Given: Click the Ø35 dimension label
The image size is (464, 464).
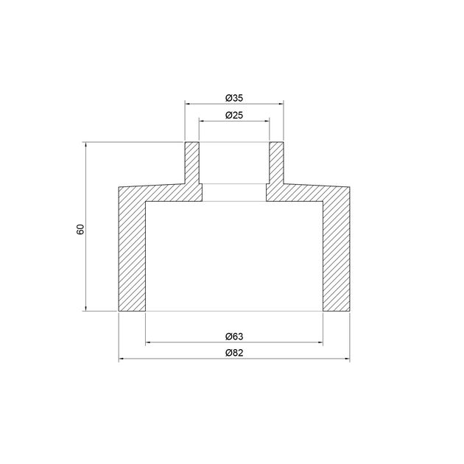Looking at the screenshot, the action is (x=234, y=98).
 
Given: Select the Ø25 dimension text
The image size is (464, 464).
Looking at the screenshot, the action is (x=234, y=115).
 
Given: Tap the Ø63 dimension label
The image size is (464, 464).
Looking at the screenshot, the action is (x=234, y=337).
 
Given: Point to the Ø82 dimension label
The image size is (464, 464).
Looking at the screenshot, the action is (x=234, y=353).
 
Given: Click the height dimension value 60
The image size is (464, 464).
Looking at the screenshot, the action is (x=80, y=229).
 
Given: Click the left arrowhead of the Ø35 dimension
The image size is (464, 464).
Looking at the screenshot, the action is (x=188, y=104).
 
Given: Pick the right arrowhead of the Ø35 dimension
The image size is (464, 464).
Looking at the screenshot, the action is (x=281, y=104).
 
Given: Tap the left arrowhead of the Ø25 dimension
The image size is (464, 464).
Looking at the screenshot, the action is (x=202, y=121).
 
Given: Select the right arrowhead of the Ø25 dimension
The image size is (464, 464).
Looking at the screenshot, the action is (x=267, y=121).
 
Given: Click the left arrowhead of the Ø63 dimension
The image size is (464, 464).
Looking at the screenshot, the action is (x=149, y=342).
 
